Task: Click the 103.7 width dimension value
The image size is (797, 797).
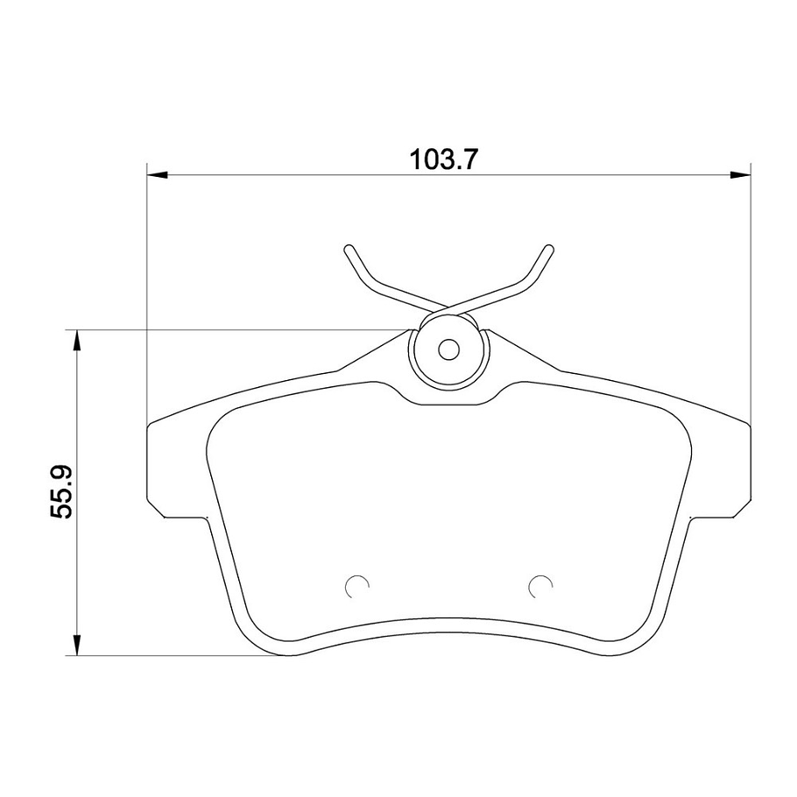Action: [444, 159]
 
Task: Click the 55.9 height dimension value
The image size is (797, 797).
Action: [62, 491]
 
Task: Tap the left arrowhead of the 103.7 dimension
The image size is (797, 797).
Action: [157, 175]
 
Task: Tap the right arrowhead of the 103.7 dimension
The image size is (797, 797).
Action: [740, 175]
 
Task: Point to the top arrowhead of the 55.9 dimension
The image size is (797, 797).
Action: [77, 340]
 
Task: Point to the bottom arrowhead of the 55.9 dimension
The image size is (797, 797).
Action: [77, 645]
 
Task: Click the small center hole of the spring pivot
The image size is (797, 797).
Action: [448, 349]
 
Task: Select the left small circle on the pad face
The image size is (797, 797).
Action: [356, 587]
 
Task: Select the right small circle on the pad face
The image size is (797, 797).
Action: [540, 587]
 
